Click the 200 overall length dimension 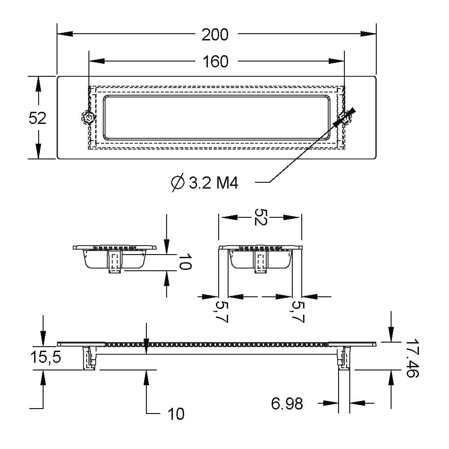pos(215,35)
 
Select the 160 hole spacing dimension pos(216,62)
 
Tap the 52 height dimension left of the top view pos(37,118)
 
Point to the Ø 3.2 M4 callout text pos(204,183)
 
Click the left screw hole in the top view pos(88,118)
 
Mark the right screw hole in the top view pos(344,118)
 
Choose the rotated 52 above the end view pos(260,217)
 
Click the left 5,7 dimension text pos(221,312)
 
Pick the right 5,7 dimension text pos(297,312)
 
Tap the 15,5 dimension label pos(45,357)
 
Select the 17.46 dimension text pos(412,358)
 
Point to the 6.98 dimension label pos(287,404)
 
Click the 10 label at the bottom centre pos(176,414)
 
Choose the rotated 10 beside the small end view pos(185,261)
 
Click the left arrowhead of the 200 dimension pos(65,34)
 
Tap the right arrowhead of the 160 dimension pos(336,61)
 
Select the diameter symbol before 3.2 pos(178,182)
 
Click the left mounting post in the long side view pos(89,358)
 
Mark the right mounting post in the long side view pos(344,358)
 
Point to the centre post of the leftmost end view pos(115,261)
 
